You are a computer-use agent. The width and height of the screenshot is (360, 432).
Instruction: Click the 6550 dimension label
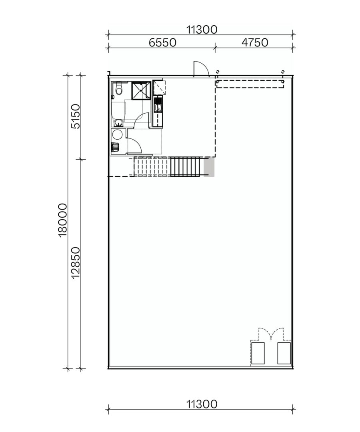pos(162,42)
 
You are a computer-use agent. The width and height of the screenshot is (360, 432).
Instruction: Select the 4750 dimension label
pos(255,42)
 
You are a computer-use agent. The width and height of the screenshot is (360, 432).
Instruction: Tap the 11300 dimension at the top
pos(202,29)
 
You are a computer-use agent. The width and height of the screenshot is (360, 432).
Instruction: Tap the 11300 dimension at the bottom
pos(202,404)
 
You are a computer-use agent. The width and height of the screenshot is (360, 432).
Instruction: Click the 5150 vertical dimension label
pos(76,116)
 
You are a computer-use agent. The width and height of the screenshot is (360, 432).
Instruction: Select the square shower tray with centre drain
pos(140,90)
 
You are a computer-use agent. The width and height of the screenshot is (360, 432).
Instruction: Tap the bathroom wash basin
pos(118,122)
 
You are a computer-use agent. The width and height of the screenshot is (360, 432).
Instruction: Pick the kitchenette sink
pos(157,107)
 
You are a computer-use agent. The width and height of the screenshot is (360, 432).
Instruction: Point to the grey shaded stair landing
pos(209,167)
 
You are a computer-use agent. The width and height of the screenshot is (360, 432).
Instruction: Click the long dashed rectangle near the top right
pos(250,84)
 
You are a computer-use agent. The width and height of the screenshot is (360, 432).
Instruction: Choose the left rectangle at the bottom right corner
pos(258,353)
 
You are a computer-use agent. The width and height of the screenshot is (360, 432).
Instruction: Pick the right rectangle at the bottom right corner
pos(284,353)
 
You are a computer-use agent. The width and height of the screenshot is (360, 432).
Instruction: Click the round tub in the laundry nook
pos(118,134)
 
